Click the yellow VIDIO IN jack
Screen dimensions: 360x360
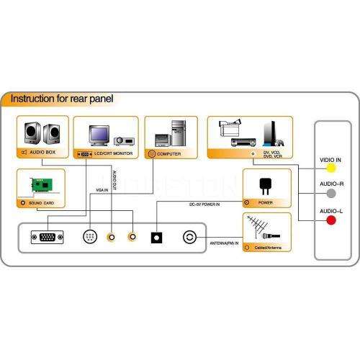pos(331,168)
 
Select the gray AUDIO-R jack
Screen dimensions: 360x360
pos(331,192)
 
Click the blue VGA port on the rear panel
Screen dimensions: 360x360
pos(47,236)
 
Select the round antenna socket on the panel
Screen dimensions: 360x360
pos(190,236)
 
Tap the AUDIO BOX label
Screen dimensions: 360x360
pos(46,153)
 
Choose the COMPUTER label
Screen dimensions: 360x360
pos(170,153)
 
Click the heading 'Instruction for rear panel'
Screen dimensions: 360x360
pos(62,99)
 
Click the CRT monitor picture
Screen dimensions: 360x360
pos(99,135)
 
